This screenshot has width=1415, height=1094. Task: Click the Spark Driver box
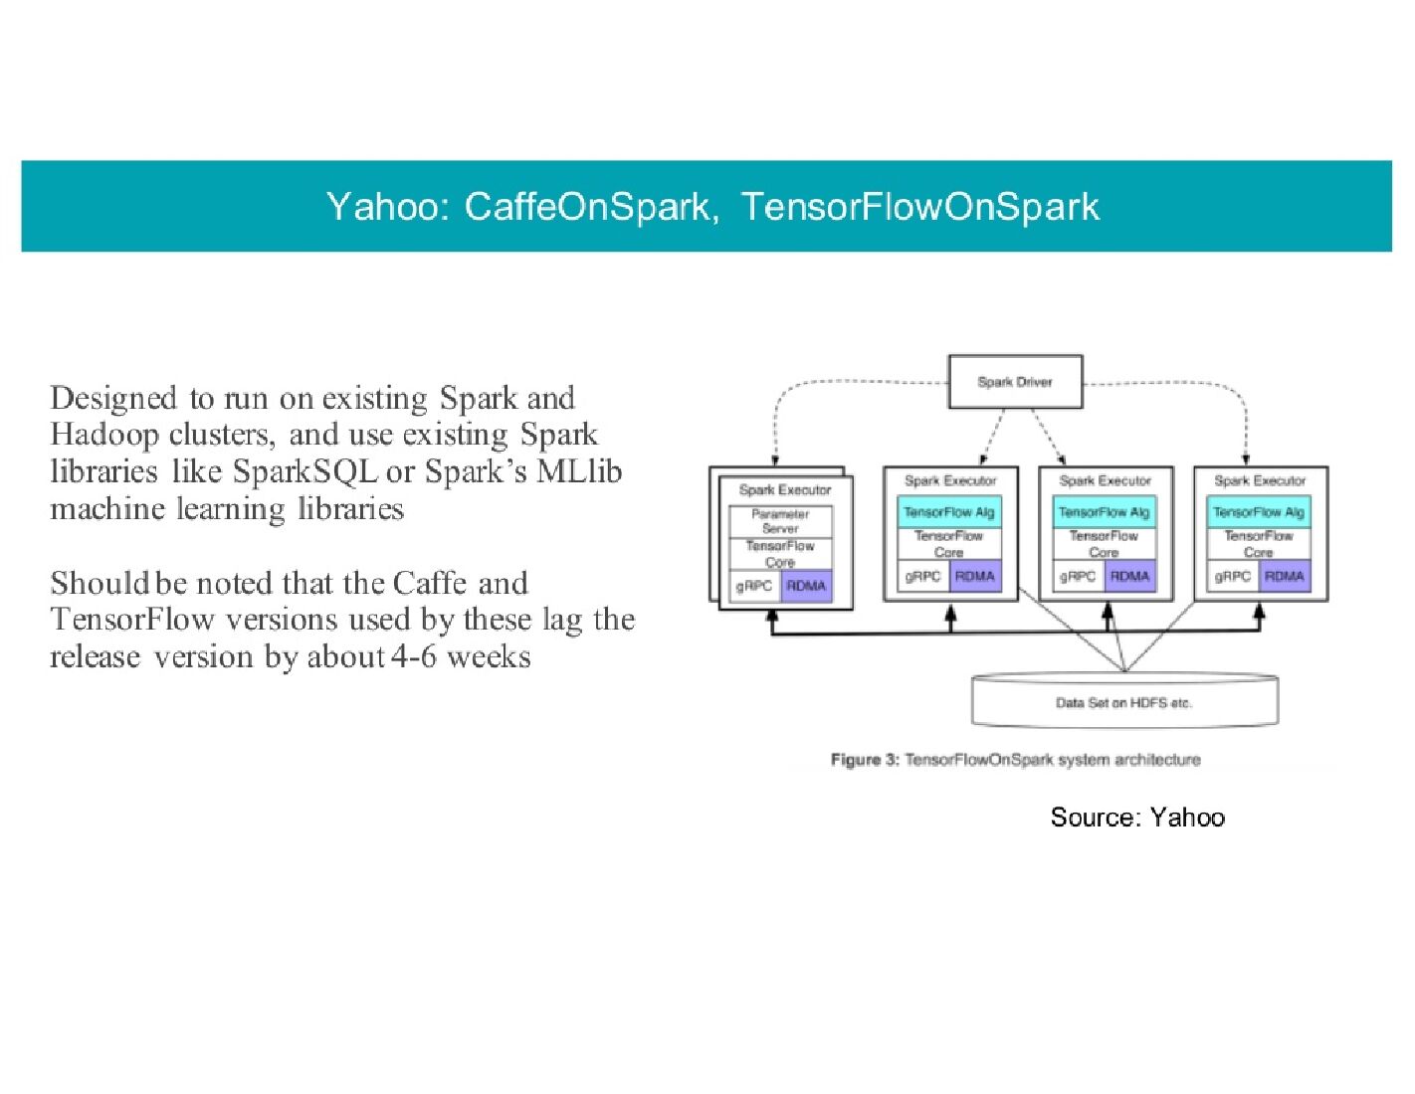click(x=1015, y=382)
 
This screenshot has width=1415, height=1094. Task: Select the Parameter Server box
click(x=780, y=521)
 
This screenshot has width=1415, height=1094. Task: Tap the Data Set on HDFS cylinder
click(x=1123, y=702)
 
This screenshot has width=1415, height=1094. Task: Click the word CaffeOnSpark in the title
click(x=588, y=207)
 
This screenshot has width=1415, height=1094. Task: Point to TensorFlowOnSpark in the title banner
click(x=920, y=207)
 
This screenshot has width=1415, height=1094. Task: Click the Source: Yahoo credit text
click(x=1137, y=818)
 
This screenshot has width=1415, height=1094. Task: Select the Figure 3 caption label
click(x=865, y=760)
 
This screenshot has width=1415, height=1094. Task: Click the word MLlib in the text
click(x=579, y=471)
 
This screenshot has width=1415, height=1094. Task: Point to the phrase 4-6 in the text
click(x=414, y=657)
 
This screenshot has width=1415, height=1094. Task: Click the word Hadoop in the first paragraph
click(x=104, y=435)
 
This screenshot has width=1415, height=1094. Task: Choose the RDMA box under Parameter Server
click(x=806, y=586)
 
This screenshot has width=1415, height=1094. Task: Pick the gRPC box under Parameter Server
click(x=754, y=586)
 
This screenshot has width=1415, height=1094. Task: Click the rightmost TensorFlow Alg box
click(x=1259, y=512)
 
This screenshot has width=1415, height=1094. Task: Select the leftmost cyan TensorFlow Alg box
click(x=949, y=512)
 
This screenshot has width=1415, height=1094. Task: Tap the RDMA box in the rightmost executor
click(x=1285, y=576)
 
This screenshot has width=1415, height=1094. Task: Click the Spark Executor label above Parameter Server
click(x=785, y=489)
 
